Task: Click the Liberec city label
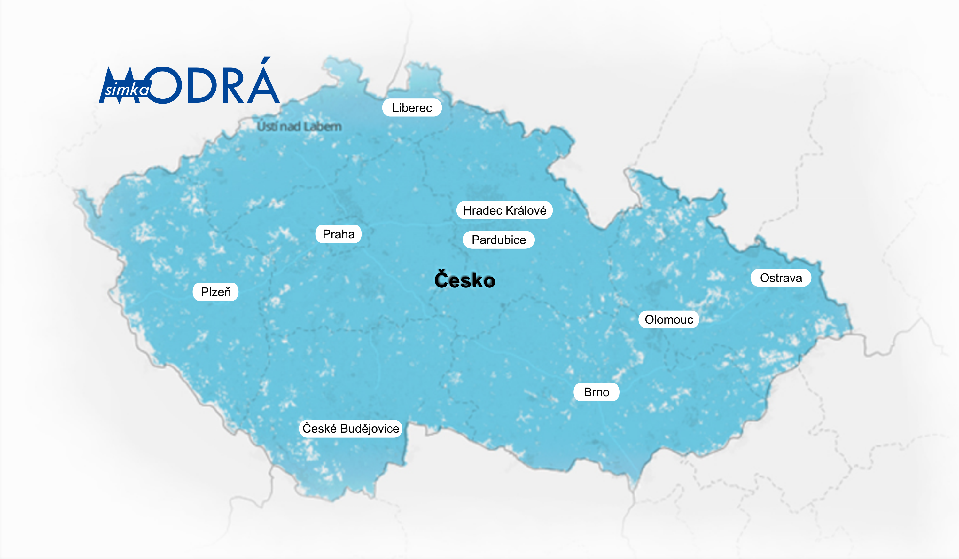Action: (412, 108)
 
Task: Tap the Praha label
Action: (338, 234)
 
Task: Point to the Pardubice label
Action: (499, 240)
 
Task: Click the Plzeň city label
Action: (215, 292)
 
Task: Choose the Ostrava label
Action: (781, 278)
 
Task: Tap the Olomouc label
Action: (669, 319)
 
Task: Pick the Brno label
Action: (596, 392)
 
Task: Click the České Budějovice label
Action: (350, 429)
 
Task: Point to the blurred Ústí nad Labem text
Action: (299, 126)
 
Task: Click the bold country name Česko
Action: (465, 280)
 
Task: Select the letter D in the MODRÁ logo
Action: (202, 86)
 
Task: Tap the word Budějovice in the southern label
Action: (370, 429)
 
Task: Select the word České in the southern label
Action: (319, 429)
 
